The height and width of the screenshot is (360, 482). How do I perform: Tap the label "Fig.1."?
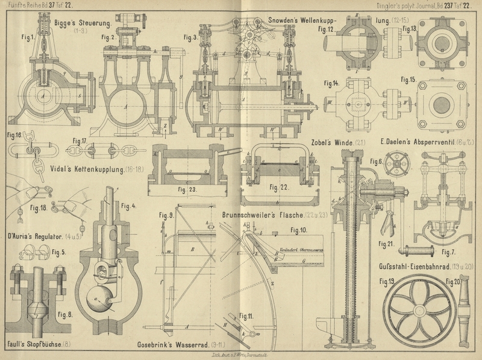[x=27, y=42]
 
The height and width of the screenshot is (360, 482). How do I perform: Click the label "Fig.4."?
[x=130, y=206]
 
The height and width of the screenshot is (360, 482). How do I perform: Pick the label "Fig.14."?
[x=331, y=83]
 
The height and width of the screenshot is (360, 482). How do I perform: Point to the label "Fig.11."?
[x=246, y=315]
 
